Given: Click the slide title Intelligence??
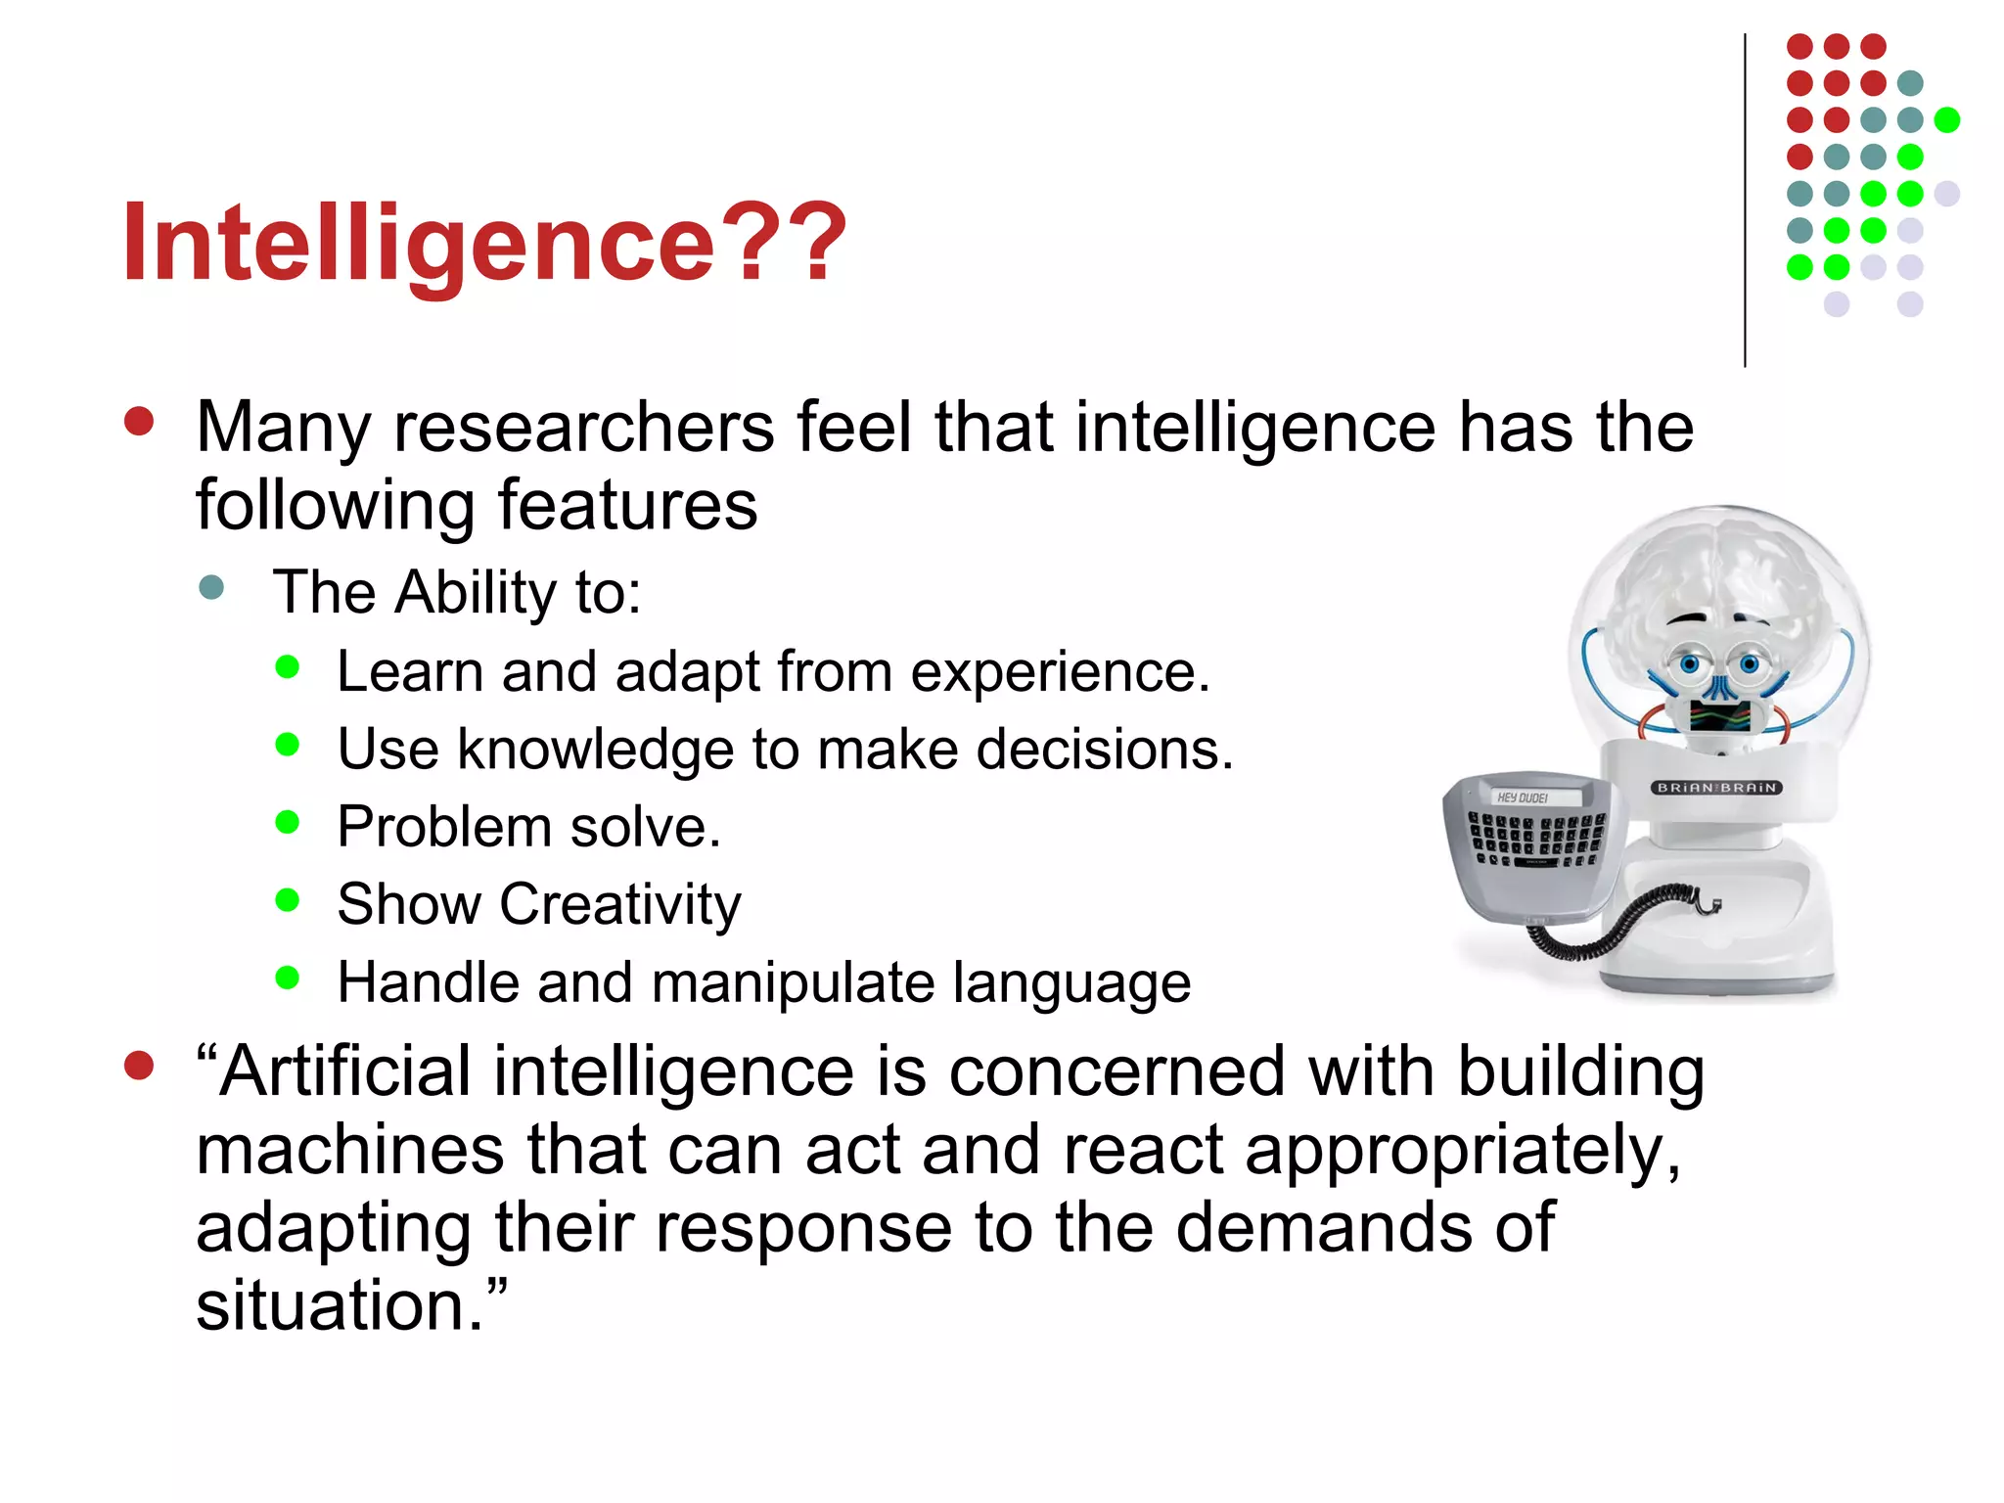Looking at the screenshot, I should (483, 243).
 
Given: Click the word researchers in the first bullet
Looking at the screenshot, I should (583, 429).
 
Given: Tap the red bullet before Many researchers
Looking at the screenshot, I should (139, 422).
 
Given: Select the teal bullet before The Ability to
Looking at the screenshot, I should (211, 588).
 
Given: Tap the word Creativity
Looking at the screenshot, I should (620, 904).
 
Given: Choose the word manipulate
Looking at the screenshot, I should (793, 982).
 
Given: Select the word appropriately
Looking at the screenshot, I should (1462, 1151).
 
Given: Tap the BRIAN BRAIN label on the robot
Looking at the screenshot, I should (1716, 788).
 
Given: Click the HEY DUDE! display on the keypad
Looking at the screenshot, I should (1523, 797).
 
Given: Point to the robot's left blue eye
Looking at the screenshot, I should (1690, 665).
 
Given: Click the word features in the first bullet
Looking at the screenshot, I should (627, 506).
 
